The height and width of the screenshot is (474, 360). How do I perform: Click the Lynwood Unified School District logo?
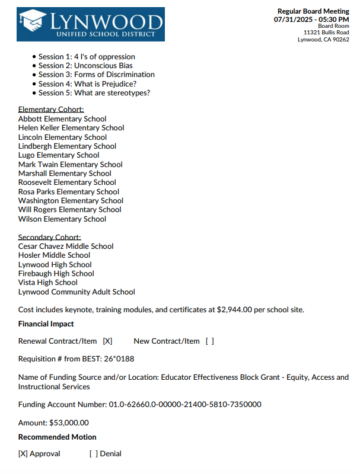point(91,24)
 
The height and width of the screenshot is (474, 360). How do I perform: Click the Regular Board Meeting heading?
point(313,12)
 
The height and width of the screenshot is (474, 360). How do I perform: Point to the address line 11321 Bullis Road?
point(326,33)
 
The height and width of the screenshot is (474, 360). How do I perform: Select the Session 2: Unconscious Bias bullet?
point(85,66)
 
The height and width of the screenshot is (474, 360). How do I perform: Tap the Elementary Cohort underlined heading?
point(51,110)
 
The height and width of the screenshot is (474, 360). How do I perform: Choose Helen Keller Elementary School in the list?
point(71,128)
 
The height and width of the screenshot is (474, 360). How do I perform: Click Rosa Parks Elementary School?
point(69,192)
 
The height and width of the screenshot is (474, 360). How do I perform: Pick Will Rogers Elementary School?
point(69,210)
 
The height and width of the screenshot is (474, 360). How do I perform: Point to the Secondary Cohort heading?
point(50,238)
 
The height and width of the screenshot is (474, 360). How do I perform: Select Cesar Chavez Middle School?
point(66,246)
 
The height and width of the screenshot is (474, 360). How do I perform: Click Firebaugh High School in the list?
point(56,274)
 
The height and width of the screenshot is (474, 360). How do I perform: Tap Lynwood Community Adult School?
point(77,292)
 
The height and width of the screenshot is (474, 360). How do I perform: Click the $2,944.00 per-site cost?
point(235,310)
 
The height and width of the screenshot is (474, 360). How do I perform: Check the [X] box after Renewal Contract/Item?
point(107,341)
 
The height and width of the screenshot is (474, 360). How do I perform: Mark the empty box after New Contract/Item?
point(209,341)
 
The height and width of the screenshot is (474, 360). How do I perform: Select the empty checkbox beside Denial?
point(93,454)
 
